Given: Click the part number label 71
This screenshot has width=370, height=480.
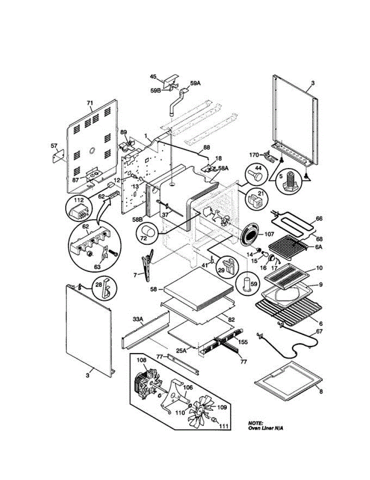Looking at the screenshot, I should (x=90, y=103).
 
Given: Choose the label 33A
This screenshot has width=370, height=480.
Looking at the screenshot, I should (x=138, y=319).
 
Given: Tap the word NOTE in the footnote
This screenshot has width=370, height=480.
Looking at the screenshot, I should (x=255, y=423).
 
